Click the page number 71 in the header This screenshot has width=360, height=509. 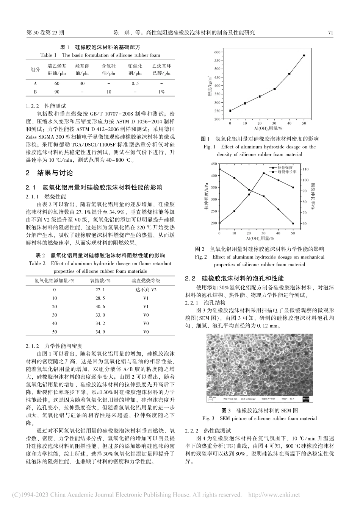tap(330, 33)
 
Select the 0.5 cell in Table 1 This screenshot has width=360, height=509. tap(135, 83)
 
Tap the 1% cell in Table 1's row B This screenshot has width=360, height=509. tap(161, 92)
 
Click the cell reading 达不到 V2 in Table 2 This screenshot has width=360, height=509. tap(146, 290)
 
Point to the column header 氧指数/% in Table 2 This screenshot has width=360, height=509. tap(100, 281)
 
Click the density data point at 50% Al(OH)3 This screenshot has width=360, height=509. tap(304, 55)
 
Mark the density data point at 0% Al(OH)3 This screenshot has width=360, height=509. tap(230, 111)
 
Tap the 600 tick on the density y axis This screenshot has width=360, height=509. tap(216, 52)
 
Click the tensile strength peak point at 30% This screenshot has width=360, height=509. tap(264, 173)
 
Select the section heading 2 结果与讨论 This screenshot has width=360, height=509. tap(49, 173)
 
